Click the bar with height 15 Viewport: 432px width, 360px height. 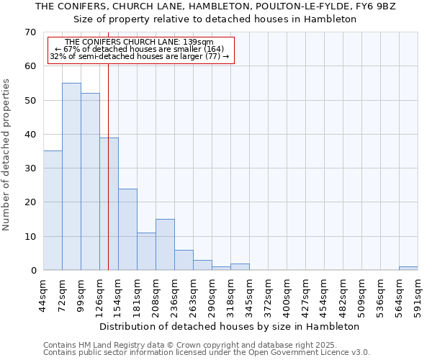(165, 245)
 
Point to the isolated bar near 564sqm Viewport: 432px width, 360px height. (408, 269)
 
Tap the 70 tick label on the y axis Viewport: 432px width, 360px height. (30, 32)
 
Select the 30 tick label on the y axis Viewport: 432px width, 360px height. (30, 168)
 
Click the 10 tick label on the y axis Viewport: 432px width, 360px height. (30, 237)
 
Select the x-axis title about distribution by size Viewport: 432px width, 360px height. (230, 326)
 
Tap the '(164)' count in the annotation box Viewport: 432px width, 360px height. (213, 49)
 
